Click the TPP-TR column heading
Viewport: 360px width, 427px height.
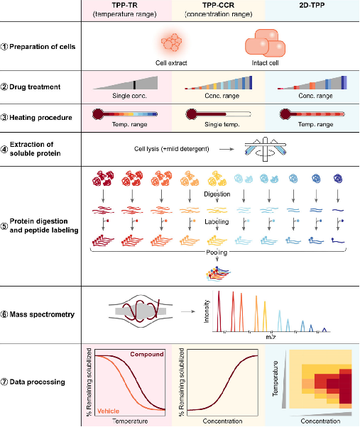click(x=124, y=5)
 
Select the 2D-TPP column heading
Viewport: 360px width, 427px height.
click(x=312, y=5)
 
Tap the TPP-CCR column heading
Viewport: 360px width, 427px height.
click(x=218, y=5)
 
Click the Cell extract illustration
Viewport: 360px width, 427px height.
click(x=171, y=43)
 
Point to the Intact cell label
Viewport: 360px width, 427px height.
click(x=265, y=63)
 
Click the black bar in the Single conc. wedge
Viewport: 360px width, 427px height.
click(x=134, y=85)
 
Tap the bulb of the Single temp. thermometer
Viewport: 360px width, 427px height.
click(x=191, y=114)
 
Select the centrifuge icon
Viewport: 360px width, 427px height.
click(x=265, y=149)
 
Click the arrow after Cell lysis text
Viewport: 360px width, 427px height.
click(x=227, y=149)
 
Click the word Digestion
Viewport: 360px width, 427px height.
click(x=217, y=194)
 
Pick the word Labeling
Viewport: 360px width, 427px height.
click(x=217, y=222)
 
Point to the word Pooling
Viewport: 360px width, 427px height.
click(x=217, y=253)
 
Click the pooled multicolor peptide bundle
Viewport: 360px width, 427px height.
click(x=217, y=273)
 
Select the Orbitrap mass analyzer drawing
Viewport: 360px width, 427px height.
click(x=141, y=311)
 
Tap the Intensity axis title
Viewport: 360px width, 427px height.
click(x=207, y=311)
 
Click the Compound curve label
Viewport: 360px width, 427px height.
click(x=146, y=354)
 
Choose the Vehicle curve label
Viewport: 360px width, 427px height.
click(x=108, y=411)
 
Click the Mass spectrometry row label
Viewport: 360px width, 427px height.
click(x=42, y=314)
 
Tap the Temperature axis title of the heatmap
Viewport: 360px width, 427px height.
click(x=276, y=379)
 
